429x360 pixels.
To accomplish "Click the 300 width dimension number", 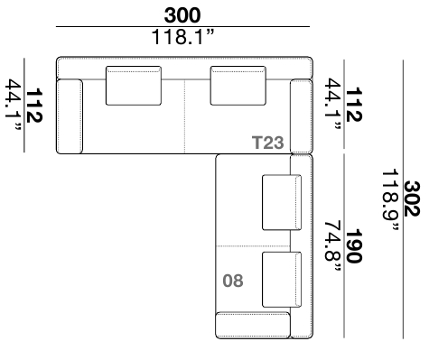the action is (182, 15).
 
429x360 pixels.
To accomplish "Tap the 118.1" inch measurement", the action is (183, 37).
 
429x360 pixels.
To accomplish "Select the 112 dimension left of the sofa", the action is (34, 106).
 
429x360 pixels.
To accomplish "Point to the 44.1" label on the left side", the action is (14, 105).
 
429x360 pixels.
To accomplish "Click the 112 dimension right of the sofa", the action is (354, 105).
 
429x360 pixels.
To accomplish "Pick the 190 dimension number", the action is (354, 246).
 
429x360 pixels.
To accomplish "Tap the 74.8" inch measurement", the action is (333, 246).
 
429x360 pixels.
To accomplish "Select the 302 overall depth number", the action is (412, 198).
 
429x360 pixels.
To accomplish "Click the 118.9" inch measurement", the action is (391, 200).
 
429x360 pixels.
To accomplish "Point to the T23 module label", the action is (267, 143).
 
